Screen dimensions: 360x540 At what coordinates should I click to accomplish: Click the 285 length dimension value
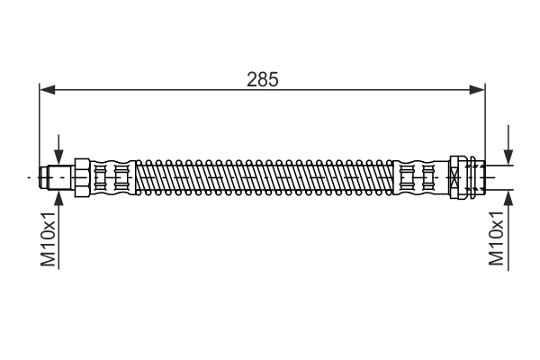coord(263,79)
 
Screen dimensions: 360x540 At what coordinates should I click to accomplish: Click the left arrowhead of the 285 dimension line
coord(47,89)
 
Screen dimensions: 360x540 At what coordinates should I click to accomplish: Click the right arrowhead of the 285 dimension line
coord(477,89)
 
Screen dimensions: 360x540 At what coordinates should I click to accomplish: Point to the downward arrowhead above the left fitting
coord(59,158)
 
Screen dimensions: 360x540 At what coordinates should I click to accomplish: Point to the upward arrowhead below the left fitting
coord(59,197)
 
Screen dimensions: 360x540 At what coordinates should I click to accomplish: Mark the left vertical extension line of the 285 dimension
coord(40,126)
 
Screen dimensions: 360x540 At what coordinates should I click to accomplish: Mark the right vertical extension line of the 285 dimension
coord(485,126)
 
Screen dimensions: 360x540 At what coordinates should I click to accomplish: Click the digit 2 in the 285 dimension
coord(253,79)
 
